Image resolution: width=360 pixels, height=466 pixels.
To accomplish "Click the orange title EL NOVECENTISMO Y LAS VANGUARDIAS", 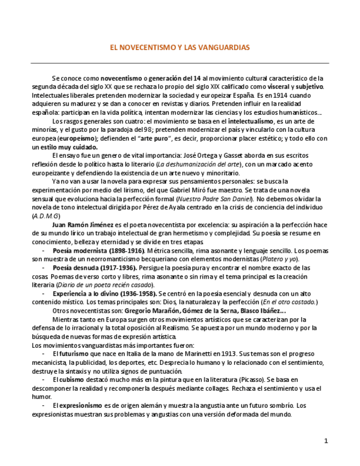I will click(x=180, y=48).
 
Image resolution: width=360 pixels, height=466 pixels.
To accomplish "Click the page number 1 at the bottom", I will click(x=326, y=441).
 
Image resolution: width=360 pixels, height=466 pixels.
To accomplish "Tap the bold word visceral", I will click(x=280, y=87).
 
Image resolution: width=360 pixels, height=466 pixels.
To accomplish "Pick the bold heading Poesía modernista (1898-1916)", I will click(x=98, y=251).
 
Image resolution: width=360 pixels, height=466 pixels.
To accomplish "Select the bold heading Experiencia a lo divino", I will click(x=90, y=293).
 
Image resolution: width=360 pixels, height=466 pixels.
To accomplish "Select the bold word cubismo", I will click(x=71, y=379).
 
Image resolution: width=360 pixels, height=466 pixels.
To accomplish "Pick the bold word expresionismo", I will click(x=81, y=405).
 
